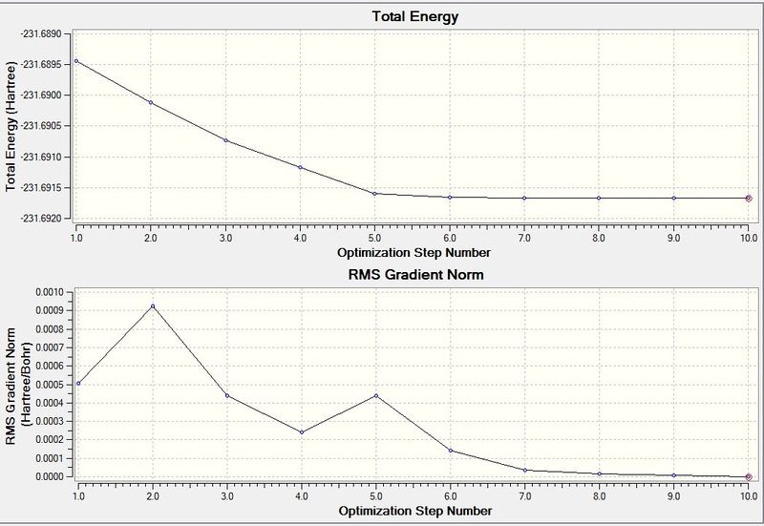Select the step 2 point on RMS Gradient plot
151,306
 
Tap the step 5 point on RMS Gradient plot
375,395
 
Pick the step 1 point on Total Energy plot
76,61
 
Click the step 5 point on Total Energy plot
375,194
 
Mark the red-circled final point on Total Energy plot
749,198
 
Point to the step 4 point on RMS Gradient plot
301,432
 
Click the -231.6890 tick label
41,33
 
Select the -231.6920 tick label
41,218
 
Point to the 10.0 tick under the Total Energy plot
749,237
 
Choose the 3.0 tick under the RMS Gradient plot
226,496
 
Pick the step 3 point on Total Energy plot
226,140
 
